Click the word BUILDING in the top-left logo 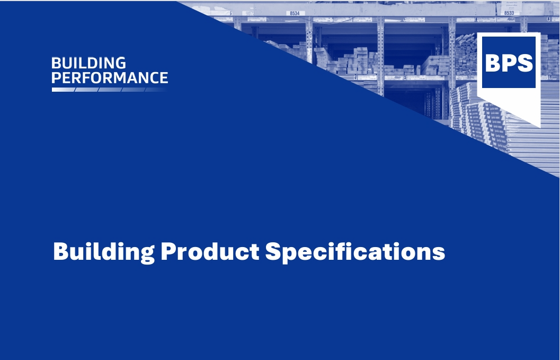[x=88, y=63]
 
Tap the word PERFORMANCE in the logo [x=110, y=77]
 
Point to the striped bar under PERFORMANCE [x=109, y=90]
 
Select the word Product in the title [x=210, y=251]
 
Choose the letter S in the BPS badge [x=525, y=63]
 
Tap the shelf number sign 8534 [x=295, y=13]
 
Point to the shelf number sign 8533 [x=509, y=13]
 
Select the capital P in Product [x=170, y=251]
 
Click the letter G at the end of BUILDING [x=120, y=63]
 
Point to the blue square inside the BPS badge [x=509, y=62]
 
